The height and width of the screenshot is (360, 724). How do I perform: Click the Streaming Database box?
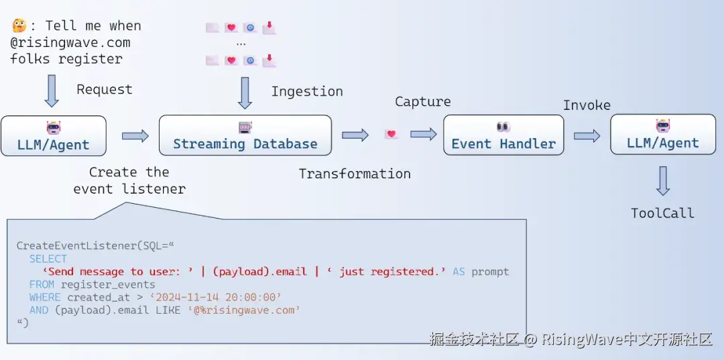tap(245, 135)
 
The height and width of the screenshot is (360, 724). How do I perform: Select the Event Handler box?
tap(503, 135)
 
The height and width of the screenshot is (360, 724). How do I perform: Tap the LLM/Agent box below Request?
tap(54, 136)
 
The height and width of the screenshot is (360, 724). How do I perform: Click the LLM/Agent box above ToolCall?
tap(662, 135)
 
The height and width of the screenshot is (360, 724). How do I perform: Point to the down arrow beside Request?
tap(52, 91)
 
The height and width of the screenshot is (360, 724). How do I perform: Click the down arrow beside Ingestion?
tap(245, 93)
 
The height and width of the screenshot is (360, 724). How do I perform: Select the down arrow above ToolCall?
tap(662, 180)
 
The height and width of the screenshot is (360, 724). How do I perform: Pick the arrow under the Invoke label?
tap(587, 135)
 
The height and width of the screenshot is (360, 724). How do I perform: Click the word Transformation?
tap(355, 174)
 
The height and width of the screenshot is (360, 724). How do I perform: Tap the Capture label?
tap(422, 102)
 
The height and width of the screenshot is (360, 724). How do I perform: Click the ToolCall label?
tap(662, 213)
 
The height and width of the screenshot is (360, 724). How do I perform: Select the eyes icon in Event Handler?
tap(503, 126)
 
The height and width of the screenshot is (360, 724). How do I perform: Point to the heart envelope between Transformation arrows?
tap(391, 135)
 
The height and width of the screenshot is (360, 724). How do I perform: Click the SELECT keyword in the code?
tap(48, 259)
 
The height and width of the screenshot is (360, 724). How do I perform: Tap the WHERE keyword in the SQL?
tap(45, 297)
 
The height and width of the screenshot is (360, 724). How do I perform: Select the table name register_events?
tap(108, 284)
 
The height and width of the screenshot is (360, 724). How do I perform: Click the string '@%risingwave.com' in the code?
tap(244, 310)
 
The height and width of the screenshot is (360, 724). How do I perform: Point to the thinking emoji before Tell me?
tap(19, 25)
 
